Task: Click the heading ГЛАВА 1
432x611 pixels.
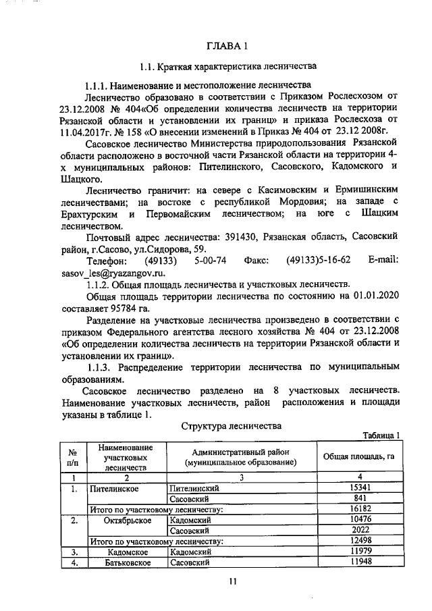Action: [x=227, y=46]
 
